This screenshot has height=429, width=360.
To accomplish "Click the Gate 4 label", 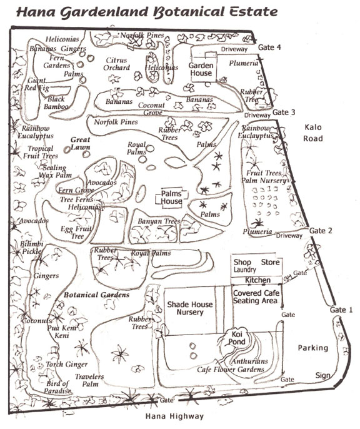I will (x=269, y=48).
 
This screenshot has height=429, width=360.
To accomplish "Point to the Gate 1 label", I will (x=341, y=310).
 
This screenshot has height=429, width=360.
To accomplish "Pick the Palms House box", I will (x=171, y=198).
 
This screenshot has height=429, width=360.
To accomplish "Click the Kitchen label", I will (x=257, y=280).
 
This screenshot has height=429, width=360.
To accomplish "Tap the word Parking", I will (x=312, y=348).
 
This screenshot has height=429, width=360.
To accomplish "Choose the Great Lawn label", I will (x=81, y=143).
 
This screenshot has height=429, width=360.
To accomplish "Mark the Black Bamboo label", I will (x=56, y=103).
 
